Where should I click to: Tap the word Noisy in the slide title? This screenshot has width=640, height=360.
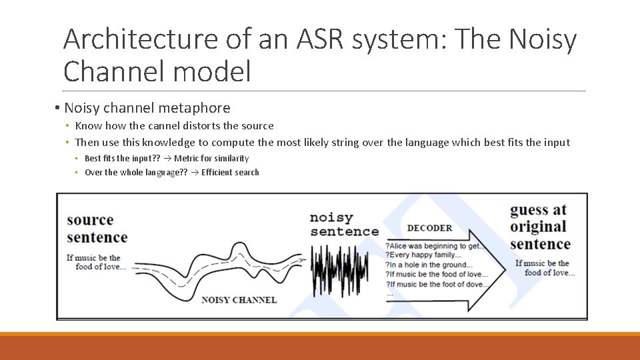pos(543,40)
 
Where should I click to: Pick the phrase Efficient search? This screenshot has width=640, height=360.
pos(230,172)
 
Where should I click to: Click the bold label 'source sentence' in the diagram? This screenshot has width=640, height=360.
pos(97,229)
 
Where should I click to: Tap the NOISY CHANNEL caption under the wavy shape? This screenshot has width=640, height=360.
pos(239,300)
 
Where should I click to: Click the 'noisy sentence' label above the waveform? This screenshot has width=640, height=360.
pos(343,225)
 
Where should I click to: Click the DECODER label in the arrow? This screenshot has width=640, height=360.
pos(429,228)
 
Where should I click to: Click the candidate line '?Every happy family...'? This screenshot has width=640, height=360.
pos(423,255)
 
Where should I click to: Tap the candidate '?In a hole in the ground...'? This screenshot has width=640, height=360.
pos(429,265)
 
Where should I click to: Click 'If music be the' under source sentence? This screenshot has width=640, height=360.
pos(93,258)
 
